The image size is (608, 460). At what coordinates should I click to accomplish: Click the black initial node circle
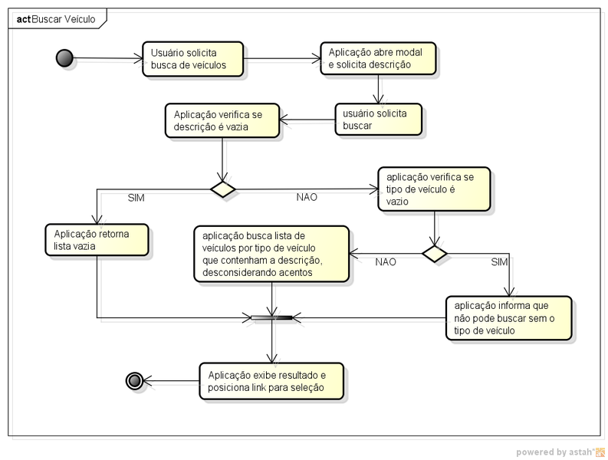pyautogui.click(x=64, y=58)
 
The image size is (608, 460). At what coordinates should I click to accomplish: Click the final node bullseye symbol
pyautogui.click(x=135, y=380)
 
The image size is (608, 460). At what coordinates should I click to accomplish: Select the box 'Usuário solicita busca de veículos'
pyautogui.click(x=192, y=59)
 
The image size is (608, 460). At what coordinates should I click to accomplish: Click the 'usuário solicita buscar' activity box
pyautogui.click(x=379, y=119)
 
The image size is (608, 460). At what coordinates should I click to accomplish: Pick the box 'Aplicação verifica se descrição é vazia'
pyautogui.click(x=222, y=120)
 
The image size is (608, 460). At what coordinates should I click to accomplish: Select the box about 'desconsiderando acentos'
pyautogui.click(x=271, y=254)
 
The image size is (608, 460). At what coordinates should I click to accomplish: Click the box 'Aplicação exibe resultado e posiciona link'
pyautogui.click(x=271, y=381)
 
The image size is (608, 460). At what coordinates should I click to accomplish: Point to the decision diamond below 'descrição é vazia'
pyautogui.click(x=222, y=189)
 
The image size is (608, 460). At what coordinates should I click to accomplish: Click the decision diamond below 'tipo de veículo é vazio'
pyautogui.click(x=434, y=253)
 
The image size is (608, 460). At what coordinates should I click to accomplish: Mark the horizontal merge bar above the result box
pyautogui.click(x=271, y=317)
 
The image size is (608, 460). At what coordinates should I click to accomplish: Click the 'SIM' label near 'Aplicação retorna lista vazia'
pyautogui.click(x=136, y=198)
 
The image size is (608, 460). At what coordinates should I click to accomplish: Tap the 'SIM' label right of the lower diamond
pyautogui.click(x=498, y=262)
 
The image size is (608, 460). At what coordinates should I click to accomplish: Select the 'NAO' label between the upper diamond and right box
pyautogui.click(x=307, y=198)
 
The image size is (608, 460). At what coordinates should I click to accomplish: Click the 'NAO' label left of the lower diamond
pyautogui.click(x=386, y=262)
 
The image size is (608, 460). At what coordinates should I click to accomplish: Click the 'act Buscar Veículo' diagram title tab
pyautogui.click(x=56, y=19)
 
